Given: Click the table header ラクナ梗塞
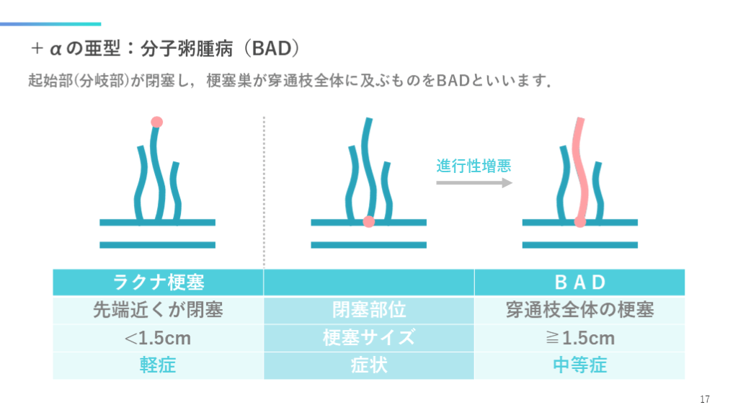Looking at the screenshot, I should pyautogui.click(x=159, y=282).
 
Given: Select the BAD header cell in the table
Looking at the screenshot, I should pyautogui.click(x=579, y=282).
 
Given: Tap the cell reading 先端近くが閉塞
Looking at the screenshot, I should pyautogui.click(x=159, y=310).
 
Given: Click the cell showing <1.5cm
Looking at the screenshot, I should pyautogui.click(x=159, y=337).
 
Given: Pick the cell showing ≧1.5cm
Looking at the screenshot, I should pyautogui.click(x=579, y=337).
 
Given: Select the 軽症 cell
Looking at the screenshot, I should pyautogui.click(x=159, y=365).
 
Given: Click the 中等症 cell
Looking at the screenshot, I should pyautogui.click(x=579, y=365).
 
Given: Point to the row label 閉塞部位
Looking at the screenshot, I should pyautogui.click(x=369, y=310).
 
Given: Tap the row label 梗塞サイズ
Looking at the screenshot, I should pyautogui.click(x=369, y=337).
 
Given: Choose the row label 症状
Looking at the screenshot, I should pyautogui.click(x=369, y=365).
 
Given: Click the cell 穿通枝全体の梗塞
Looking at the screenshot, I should pyautogui.click(x=579, y=310).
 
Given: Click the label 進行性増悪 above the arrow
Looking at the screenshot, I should pyautogui.click(x=474, y=166).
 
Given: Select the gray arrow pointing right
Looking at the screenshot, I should pyautogui.click(x=474, y=183).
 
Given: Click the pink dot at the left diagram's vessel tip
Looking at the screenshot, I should pyautogui.click(x=156, y=122).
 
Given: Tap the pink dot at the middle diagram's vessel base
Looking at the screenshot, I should pyautogui.click(x=368, y=222).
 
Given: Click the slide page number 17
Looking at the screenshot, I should pyautogui.click(x=705, y=400).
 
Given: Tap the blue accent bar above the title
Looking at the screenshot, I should pyautogui.click(x=50, y=24).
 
